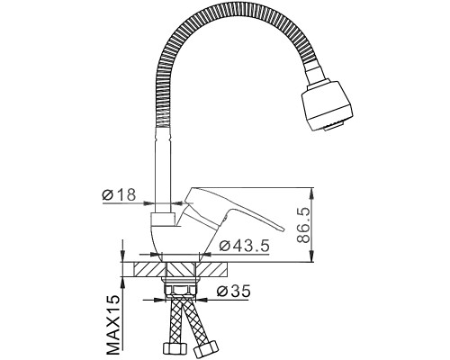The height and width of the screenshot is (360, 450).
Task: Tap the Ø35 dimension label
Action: (x=234, y=291)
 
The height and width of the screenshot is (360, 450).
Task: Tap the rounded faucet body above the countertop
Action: (x=167, y=238)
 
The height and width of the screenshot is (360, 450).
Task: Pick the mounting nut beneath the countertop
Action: (x=179, y=287)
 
